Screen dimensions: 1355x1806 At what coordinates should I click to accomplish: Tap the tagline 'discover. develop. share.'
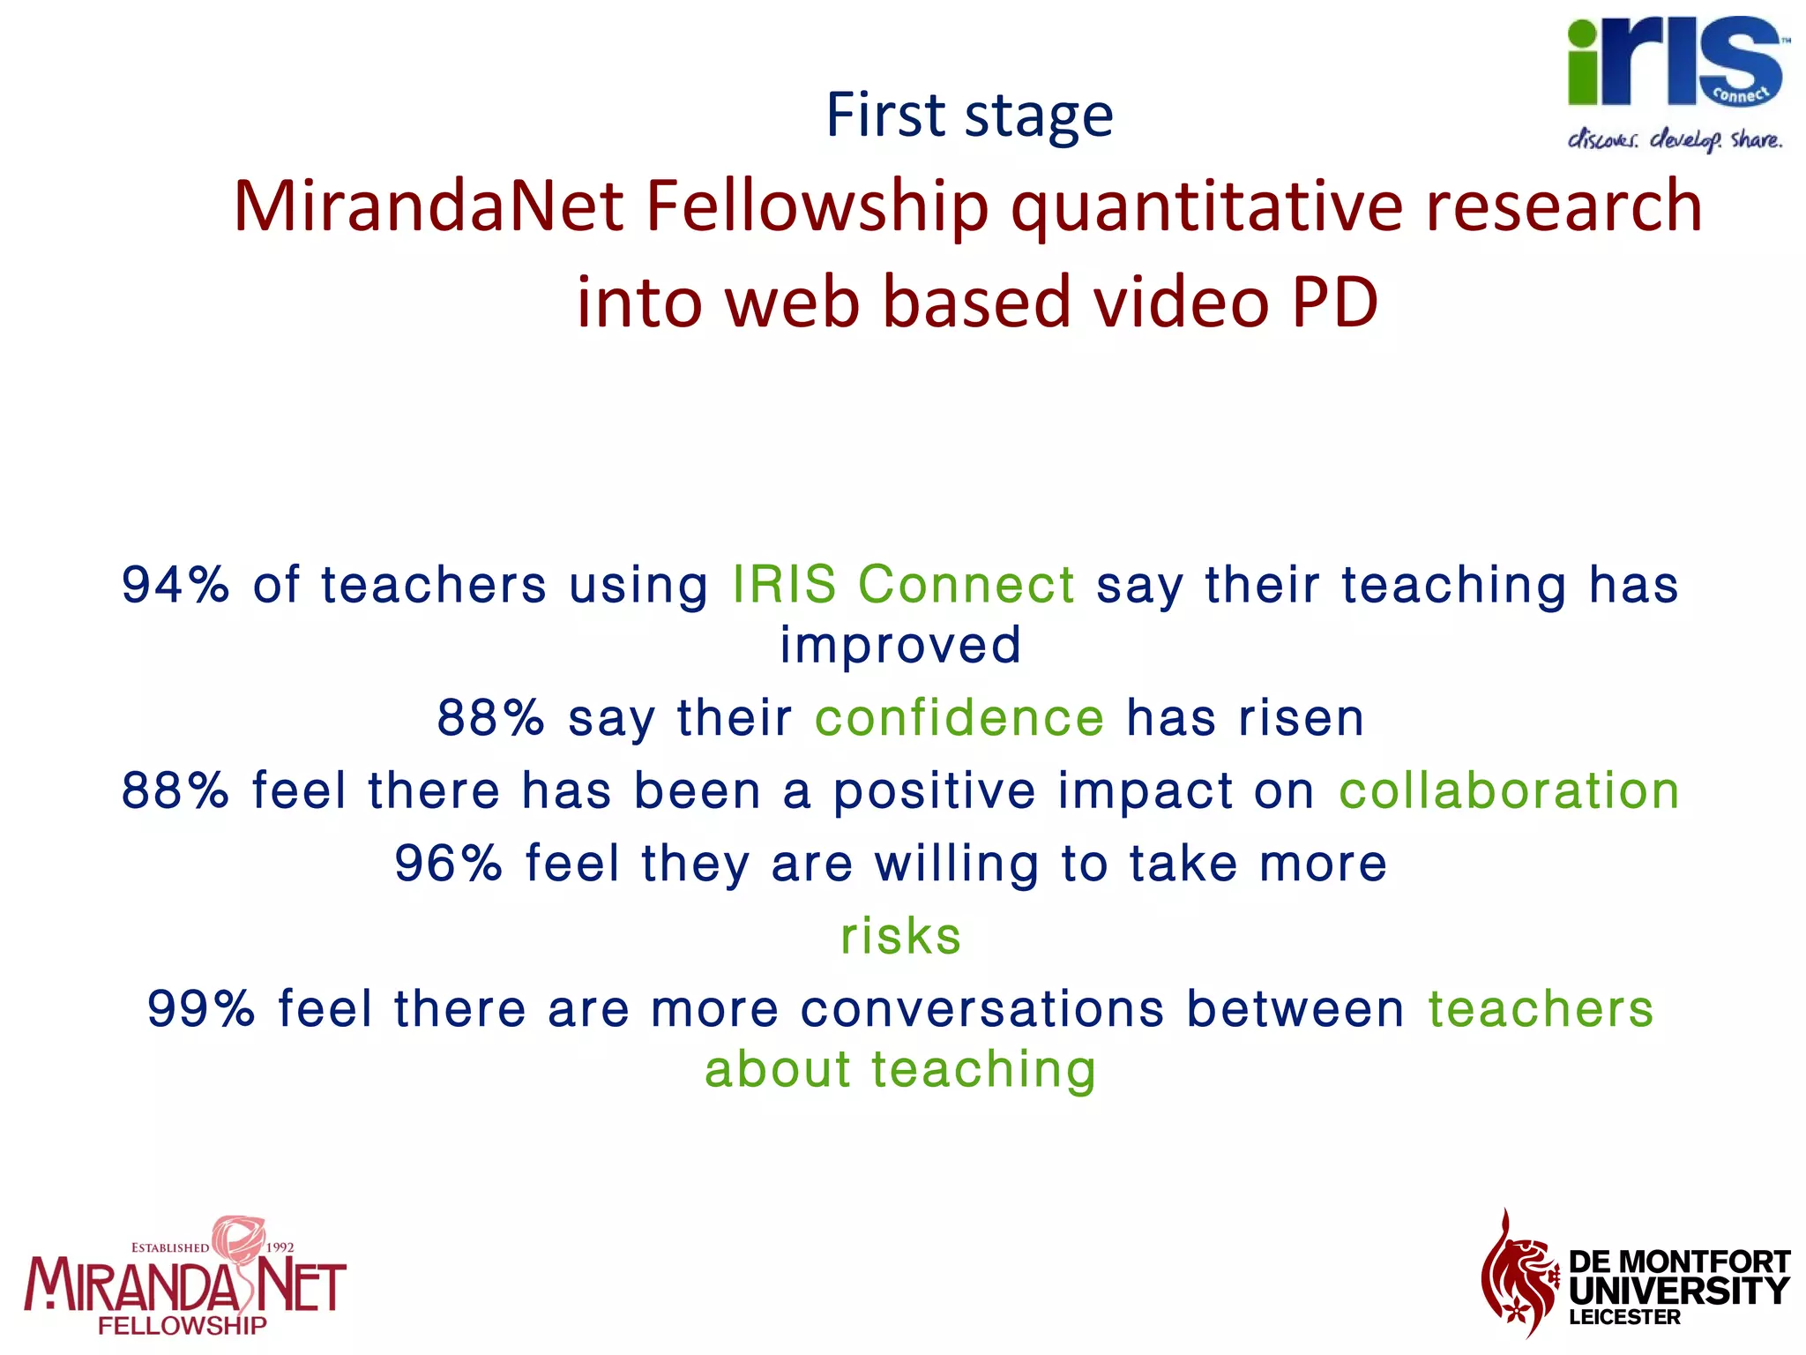[1675, 140]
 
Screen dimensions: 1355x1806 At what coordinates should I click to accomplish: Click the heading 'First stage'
[969, 116]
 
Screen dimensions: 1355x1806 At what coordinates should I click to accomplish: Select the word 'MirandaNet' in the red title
[429, 206]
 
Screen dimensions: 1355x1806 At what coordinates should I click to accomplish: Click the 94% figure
[175, 585]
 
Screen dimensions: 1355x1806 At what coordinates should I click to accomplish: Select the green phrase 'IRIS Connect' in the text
[903, 585]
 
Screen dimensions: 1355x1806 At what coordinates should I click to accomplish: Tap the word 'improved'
[900, 645]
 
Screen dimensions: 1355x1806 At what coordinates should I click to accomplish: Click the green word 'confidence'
[959, 717]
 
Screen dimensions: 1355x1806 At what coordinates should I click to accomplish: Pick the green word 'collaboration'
[1509, 790]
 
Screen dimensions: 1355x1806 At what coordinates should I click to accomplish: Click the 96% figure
[448, 863]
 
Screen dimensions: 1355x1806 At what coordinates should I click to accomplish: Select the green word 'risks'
[900, 936]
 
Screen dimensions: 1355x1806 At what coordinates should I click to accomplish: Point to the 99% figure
[201, 1008]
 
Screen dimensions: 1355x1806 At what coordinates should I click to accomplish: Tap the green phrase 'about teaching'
[900, 1069]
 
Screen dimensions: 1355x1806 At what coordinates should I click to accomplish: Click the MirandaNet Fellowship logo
[184, 1279]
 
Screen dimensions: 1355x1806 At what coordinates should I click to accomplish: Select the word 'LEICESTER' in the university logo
[1624, 1318]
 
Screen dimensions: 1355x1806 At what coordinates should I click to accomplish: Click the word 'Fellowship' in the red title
[817, 206]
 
